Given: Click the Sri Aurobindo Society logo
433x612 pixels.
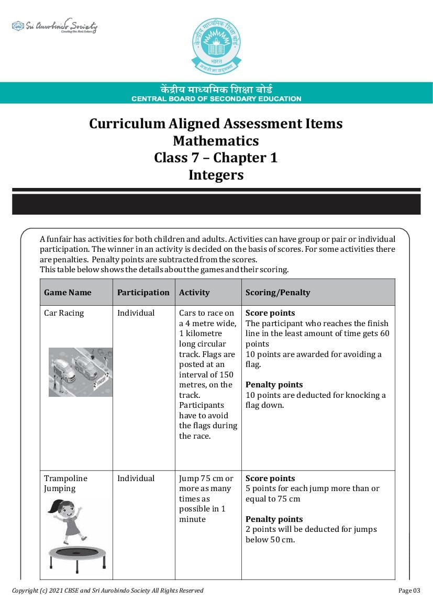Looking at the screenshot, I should point(54,26).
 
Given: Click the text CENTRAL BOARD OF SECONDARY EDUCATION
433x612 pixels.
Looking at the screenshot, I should point(216,98).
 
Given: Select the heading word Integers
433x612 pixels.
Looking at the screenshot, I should point(216,175).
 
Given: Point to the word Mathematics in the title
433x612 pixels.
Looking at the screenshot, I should point(216,141).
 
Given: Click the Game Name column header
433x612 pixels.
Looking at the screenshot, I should point(68,293).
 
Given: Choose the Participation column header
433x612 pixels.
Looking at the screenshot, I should point(143,293).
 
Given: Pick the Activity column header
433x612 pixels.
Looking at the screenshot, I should point(194,293).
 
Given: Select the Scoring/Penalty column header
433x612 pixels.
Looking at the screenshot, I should point(277,293).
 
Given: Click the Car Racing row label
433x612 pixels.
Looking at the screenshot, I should point(64,313).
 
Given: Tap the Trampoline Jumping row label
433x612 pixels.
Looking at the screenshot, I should point(65,483).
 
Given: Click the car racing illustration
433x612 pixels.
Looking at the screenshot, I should point(81,372).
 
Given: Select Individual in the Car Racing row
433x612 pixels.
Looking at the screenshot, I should point(136,313).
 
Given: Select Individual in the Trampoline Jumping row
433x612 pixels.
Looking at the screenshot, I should point(136,479).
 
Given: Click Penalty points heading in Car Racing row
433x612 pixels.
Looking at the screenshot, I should point(274,385).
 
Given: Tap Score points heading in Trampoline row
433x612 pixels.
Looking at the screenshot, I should point(270,479).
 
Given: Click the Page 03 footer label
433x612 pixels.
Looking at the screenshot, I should point(409,591).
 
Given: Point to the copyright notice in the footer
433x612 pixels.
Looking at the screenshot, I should point(108,591).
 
